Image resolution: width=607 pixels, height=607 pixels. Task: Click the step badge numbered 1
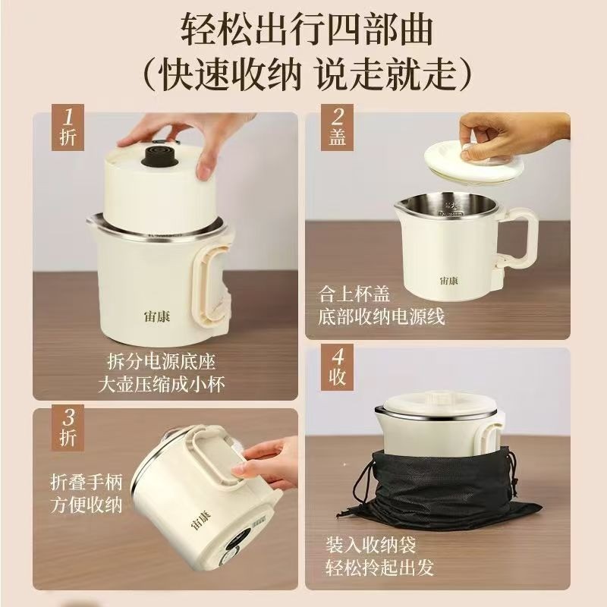tap(68, 127)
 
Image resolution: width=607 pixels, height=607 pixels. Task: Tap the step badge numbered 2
tap(337, 127)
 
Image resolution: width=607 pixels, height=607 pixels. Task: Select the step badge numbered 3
tap(68, 428)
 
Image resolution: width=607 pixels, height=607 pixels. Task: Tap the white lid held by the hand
tap(473, 163)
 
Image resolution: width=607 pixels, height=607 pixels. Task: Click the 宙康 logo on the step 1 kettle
tap(157, 316)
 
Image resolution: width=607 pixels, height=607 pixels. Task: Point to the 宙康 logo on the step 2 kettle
tap(449, 280)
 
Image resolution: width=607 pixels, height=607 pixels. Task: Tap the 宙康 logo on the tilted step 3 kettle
tap(200, 520)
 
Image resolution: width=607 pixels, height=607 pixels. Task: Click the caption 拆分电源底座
tap(162, 362)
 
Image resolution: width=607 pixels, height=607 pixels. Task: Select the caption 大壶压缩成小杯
tap(162, 385)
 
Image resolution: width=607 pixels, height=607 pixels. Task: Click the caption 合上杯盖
tap(354, 294)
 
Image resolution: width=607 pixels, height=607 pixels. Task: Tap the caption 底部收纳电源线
tap(382, 317)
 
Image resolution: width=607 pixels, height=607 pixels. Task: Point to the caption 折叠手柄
tap(86, 483)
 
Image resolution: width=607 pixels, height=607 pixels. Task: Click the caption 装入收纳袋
tap(370, 545)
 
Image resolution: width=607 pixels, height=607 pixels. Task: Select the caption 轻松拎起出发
tap(379, 568)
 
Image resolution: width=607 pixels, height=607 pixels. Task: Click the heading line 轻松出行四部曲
tap(307, 30)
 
